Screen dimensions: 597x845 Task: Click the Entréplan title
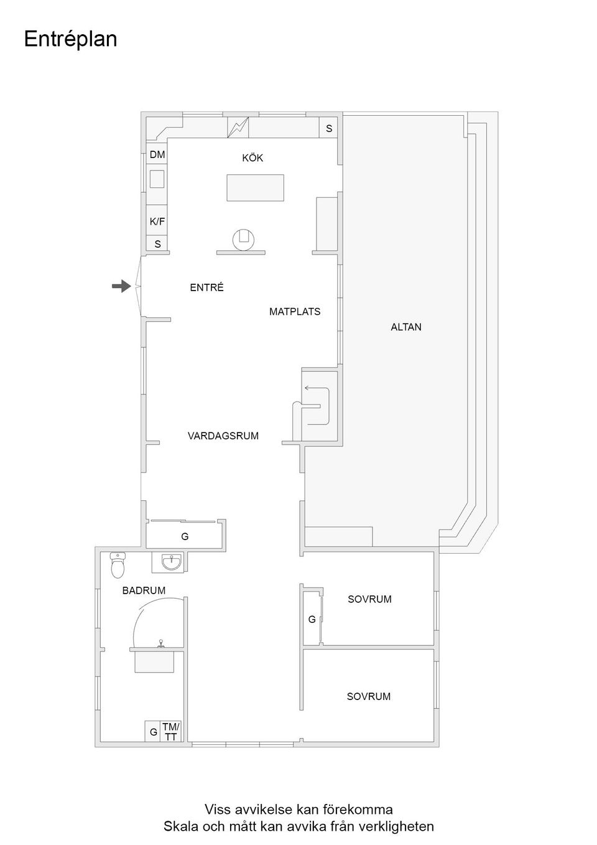click(70, 39)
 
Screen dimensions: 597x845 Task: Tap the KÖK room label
click(252, 157)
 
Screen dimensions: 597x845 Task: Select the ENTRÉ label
click(206, 287)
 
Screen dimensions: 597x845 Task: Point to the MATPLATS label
click(295, 312)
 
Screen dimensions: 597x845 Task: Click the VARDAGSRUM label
click(223, 436)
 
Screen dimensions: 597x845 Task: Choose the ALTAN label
click(406, 327)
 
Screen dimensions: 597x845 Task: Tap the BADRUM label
click(144, 591)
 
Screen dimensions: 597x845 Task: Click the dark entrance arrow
click(121, 286)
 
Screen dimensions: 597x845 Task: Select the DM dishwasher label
click(157, 154)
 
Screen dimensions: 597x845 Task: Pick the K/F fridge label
click(157, 221)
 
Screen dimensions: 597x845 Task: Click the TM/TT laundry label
click(171, 732)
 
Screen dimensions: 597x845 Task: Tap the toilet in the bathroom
click(118, 565)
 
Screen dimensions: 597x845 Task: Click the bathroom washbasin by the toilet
click(172, 563)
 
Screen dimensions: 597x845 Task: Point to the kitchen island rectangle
click(255, 187)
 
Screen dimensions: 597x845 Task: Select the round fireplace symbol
click(243, 240)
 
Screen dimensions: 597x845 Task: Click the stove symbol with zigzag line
click(238, 128)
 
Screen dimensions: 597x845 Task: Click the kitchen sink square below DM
click(157, 179)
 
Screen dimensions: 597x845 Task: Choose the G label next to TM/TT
click(154, 732)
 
